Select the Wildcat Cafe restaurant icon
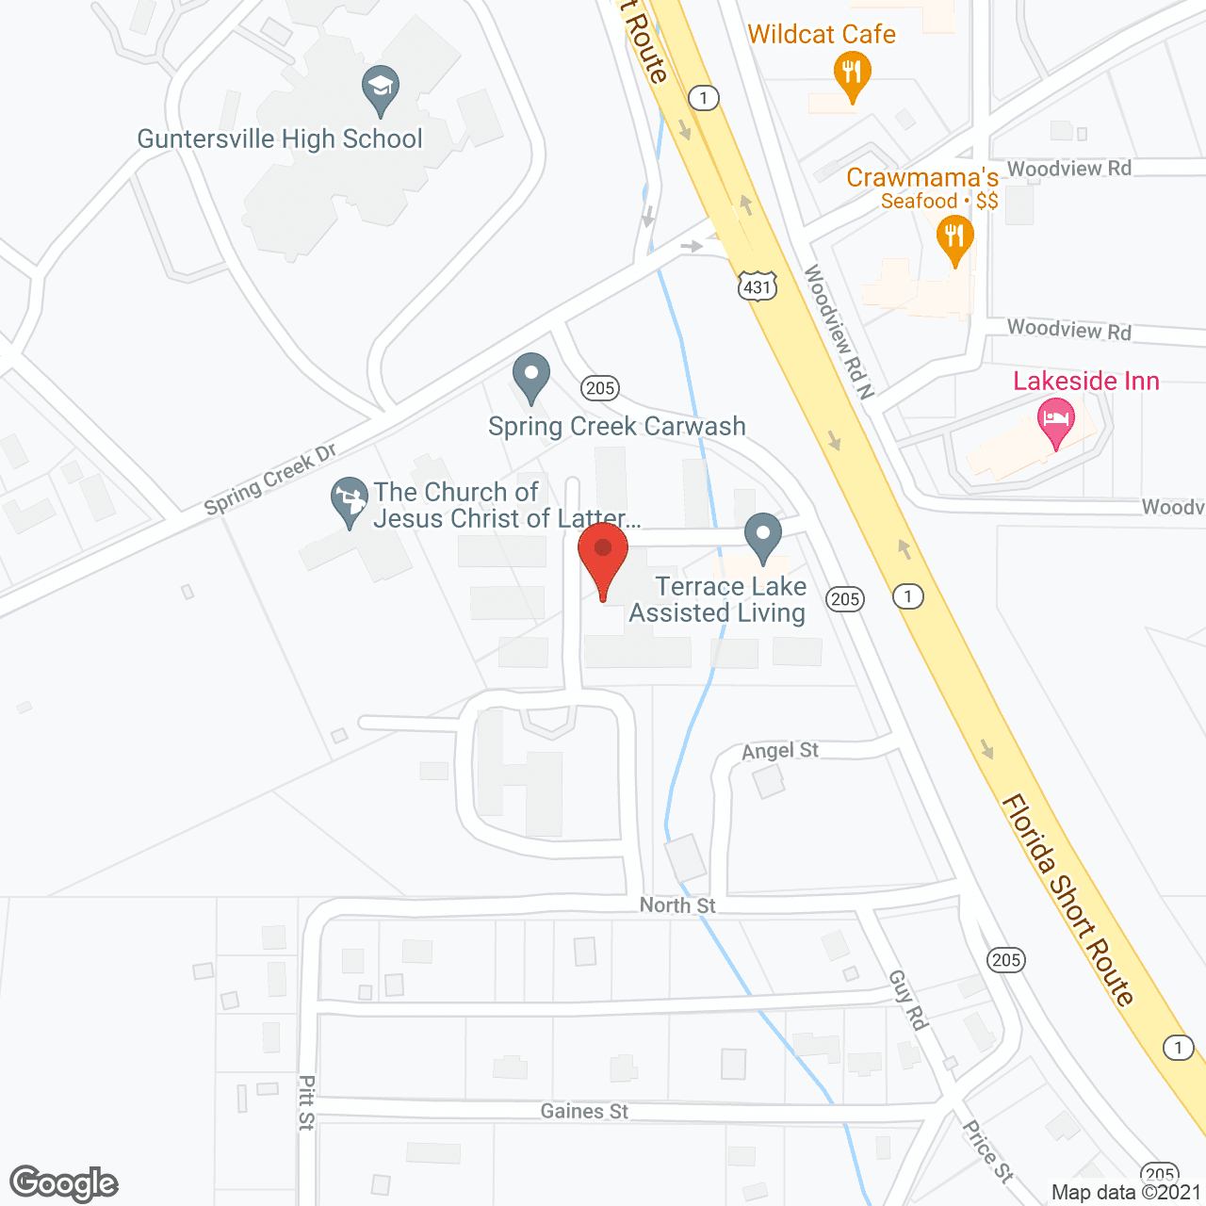point(852,74)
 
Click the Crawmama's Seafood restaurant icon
point(955,237)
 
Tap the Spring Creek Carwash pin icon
point(531,377)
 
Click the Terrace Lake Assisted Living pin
point(763,537)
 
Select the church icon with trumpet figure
point(350,500)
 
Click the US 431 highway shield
point(758,286)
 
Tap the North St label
point(677,905)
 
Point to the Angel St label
point(780,751)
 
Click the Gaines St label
point(584,1112)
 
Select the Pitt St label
point(306,1102)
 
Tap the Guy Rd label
point(908,1000)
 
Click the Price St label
point(987,1150)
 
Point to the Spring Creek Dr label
point(270,480)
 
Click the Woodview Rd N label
point(839,332)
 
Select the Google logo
point(64,1183)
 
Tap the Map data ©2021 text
point(1126,1192)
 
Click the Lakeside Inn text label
point(1086,381)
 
